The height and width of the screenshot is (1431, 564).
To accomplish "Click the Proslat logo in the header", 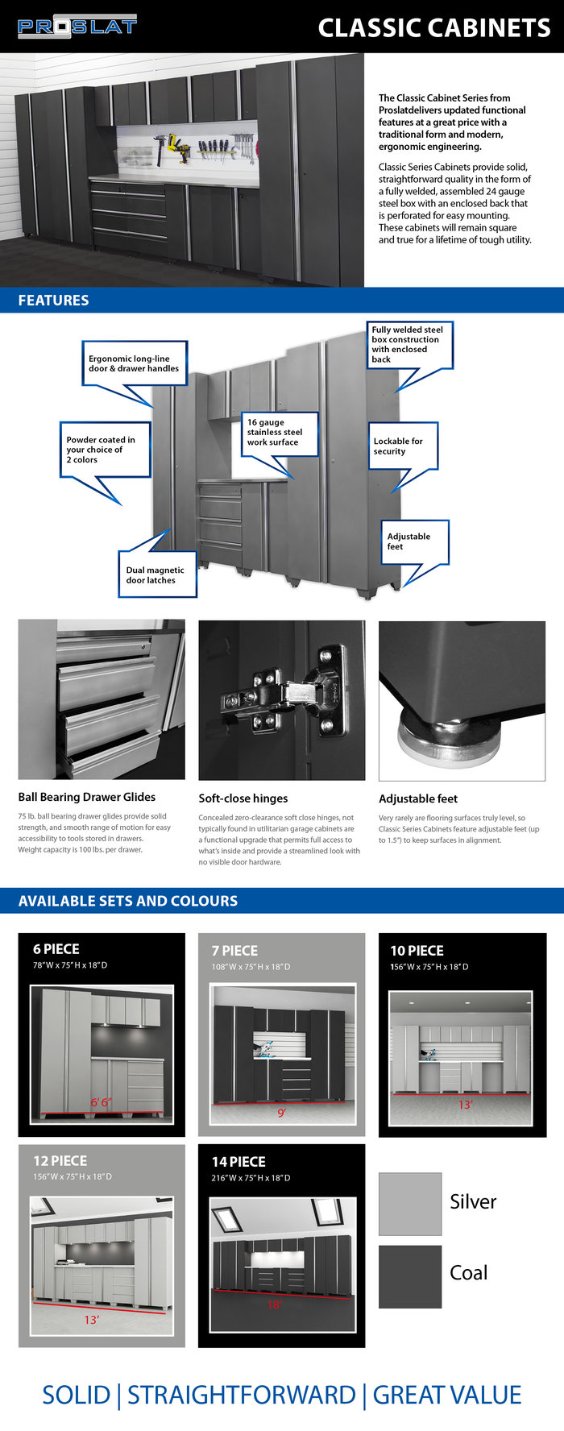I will [x=77, y=27].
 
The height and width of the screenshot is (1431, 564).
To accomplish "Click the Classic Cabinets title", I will [x=434, y=28].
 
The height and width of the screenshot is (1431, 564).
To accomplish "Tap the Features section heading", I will [x=53, y=301].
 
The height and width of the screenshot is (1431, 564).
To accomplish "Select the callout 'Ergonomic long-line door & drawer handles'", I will [x=134, y=363].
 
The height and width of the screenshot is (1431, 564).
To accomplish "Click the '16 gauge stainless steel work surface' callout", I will [x=280, y=433].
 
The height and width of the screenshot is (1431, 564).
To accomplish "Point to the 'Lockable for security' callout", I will [x=403, y=446].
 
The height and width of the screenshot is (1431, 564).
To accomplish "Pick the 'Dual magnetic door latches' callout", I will [x=156, y=574].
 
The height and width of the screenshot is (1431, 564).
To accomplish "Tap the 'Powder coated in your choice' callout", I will [x=104, y=450].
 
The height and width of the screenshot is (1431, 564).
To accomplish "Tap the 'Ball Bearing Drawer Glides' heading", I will [x=87, y=797].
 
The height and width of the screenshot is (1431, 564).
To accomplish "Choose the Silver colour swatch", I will [x=410, y=1204].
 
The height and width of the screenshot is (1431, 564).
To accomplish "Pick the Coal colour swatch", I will [x=410, y=1276].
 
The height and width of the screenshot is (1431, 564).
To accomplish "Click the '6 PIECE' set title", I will [x=56, y=949].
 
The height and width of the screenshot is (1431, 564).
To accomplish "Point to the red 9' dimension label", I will [x=282, y=1113].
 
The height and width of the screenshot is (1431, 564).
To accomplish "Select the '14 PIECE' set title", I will [x=238, y=1162].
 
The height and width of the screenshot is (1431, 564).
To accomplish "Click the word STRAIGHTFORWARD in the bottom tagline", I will [x=242, y=1395].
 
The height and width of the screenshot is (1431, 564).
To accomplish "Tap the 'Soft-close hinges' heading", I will [x=243, y=798].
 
